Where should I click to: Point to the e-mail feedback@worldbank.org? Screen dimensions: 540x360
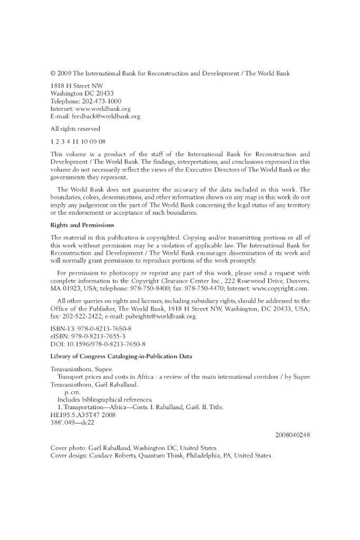[108, 116]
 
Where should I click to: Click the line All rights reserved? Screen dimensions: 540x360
[75, 129]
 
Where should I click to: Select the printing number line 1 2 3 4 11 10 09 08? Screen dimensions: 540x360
[78, 141]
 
